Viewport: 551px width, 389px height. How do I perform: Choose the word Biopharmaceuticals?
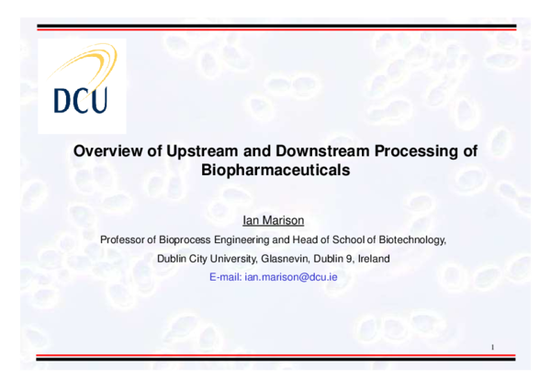pyautogui.click(x=275, y=170)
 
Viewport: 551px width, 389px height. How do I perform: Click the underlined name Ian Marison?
pyautogui.click(x=275, y=221)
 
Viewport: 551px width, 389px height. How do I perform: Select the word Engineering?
pyautogui.click(x=251, y=239)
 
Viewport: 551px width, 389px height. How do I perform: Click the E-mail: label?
pyautogui.click(x=226, y=276)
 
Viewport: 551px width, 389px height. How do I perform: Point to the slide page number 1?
pyautogui.click(x=493, y=347)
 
